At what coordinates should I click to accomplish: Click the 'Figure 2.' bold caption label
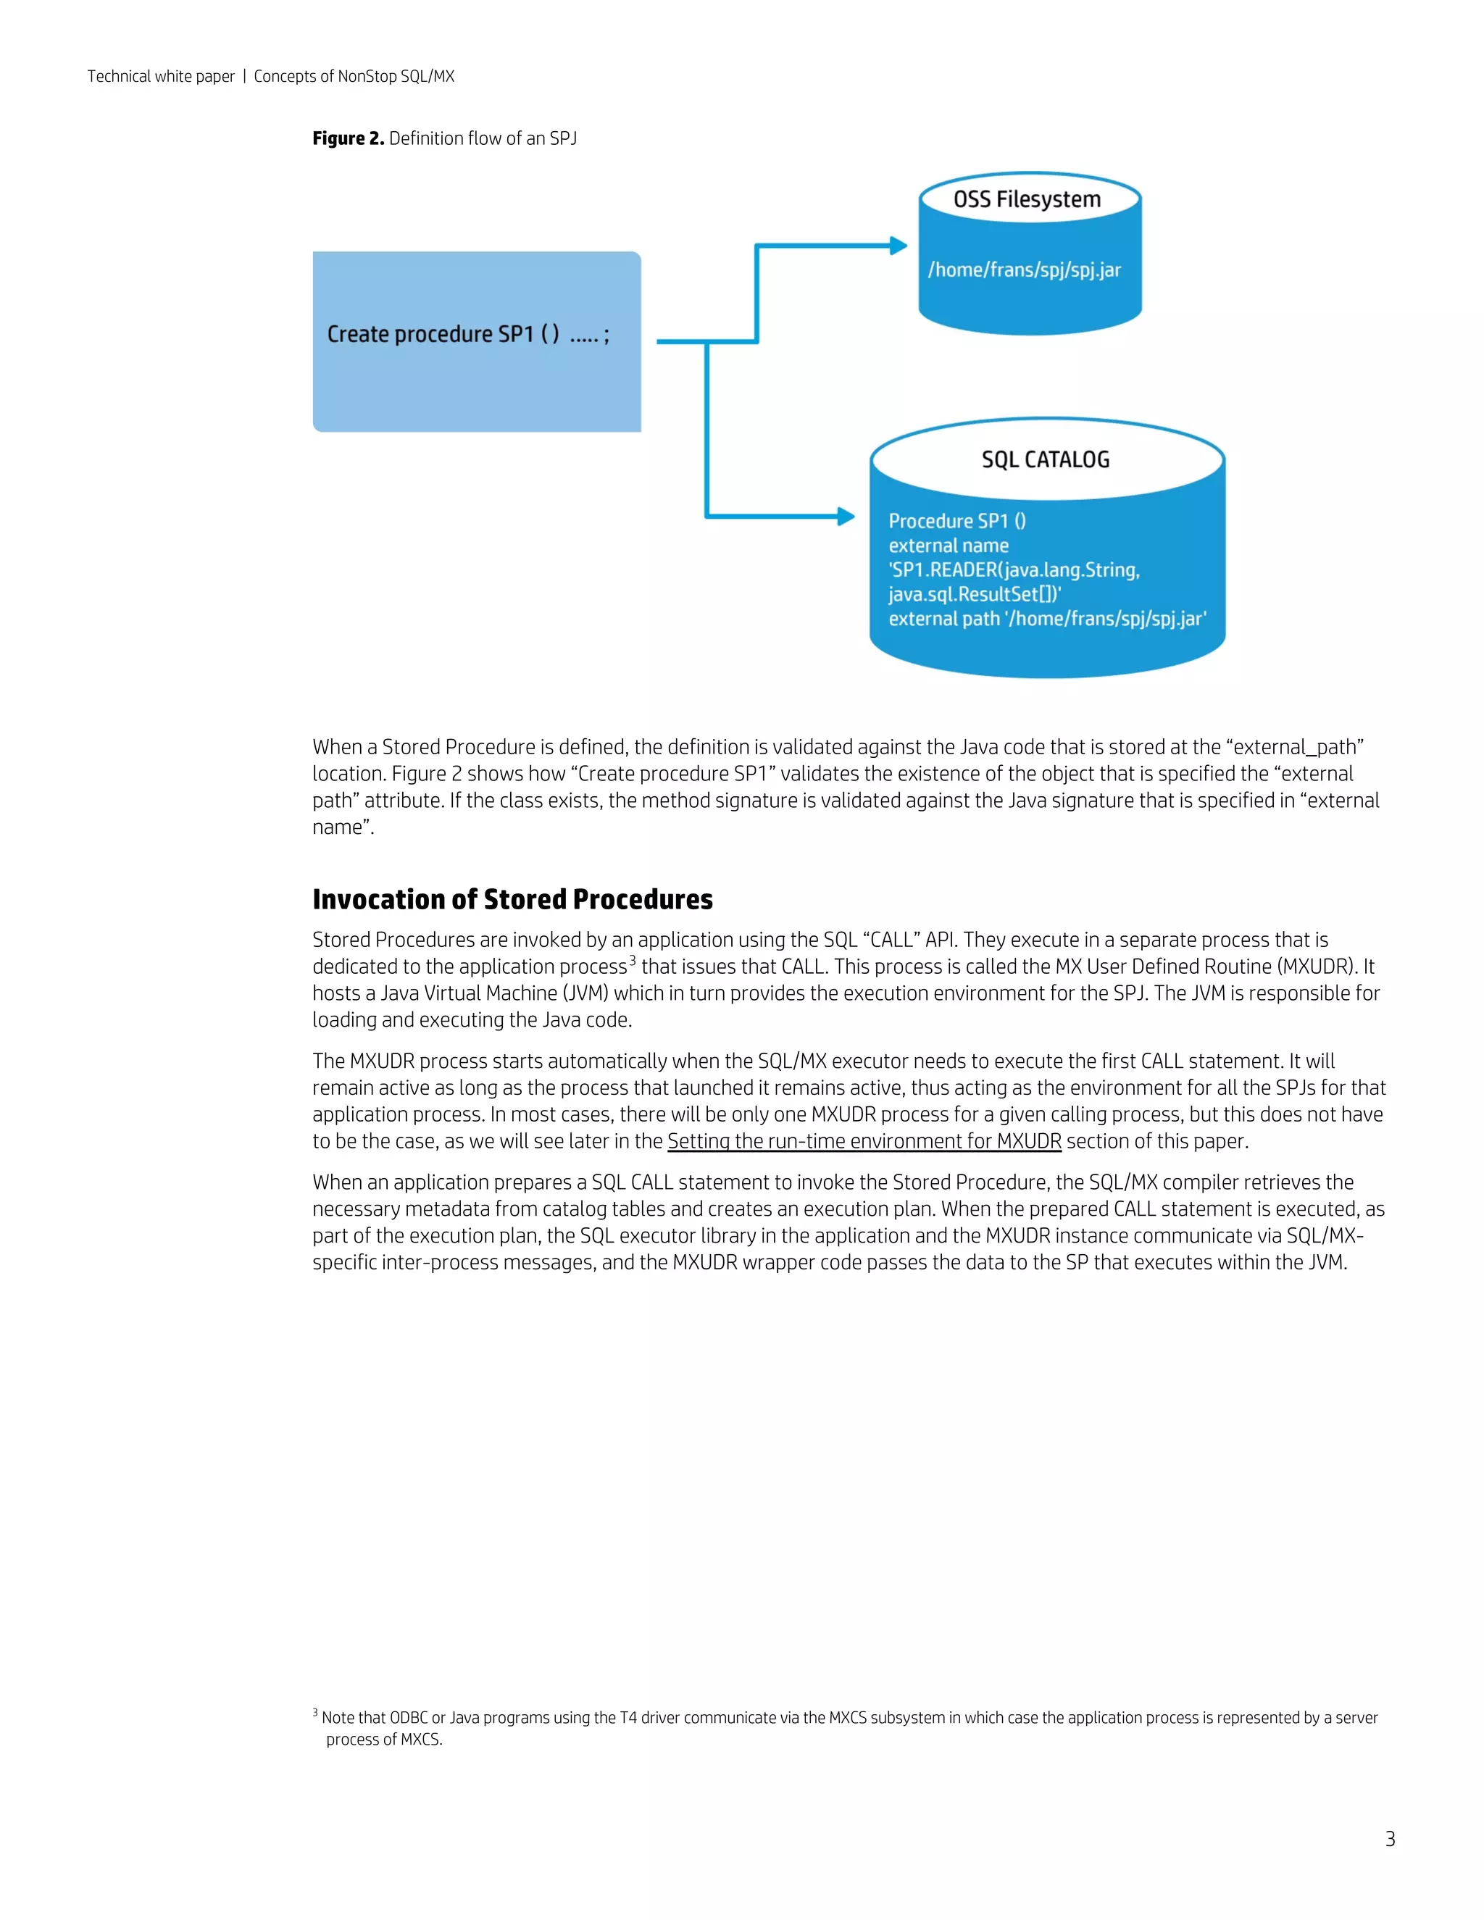pos(348,139)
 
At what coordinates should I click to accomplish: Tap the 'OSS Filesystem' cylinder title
pos(1027,199)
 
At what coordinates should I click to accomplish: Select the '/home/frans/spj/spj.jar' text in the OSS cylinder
pos(1024,270)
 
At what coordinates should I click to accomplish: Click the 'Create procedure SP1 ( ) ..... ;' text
pos(467,335)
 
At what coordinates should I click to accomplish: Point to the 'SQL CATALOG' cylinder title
pos(1046,460)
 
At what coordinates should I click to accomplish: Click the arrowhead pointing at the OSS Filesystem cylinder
pos(899,246)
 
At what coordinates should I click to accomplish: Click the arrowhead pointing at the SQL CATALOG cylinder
pos(846,517)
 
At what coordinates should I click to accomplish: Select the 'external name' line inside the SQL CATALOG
pos(948,546)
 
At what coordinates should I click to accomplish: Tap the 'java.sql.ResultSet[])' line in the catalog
pos(974,595)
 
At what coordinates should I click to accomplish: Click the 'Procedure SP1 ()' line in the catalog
pos(956,522)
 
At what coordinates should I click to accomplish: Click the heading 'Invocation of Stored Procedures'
pos(512,899)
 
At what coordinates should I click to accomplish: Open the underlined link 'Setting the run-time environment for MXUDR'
pos(864,1141)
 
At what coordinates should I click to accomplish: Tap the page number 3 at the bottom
pos(1390,1839)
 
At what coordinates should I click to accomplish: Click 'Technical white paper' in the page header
pos(161,77)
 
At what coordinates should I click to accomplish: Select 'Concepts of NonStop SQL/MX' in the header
pos(354,77)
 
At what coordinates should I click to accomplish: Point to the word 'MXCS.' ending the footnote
pos(421,1740)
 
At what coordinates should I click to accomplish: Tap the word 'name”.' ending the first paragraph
pos(343,827)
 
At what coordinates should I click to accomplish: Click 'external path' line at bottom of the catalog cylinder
pos(1046,619)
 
